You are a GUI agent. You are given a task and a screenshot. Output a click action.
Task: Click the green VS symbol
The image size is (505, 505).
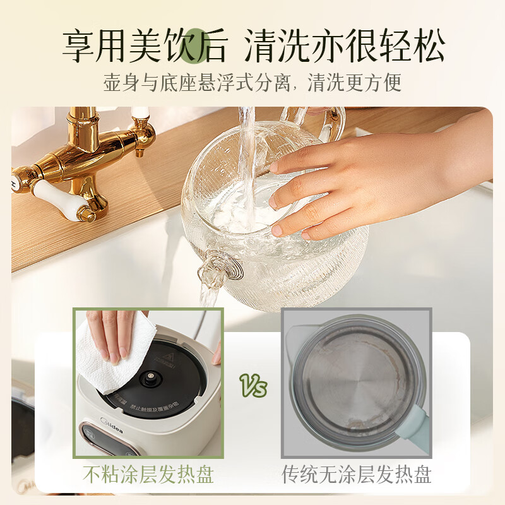253,385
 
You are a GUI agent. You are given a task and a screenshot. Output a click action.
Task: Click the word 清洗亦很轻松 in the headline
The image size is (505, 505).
345,45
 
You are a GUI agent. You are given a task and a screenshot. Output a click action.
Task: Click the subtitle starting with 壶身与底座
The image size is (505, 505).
252,83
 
